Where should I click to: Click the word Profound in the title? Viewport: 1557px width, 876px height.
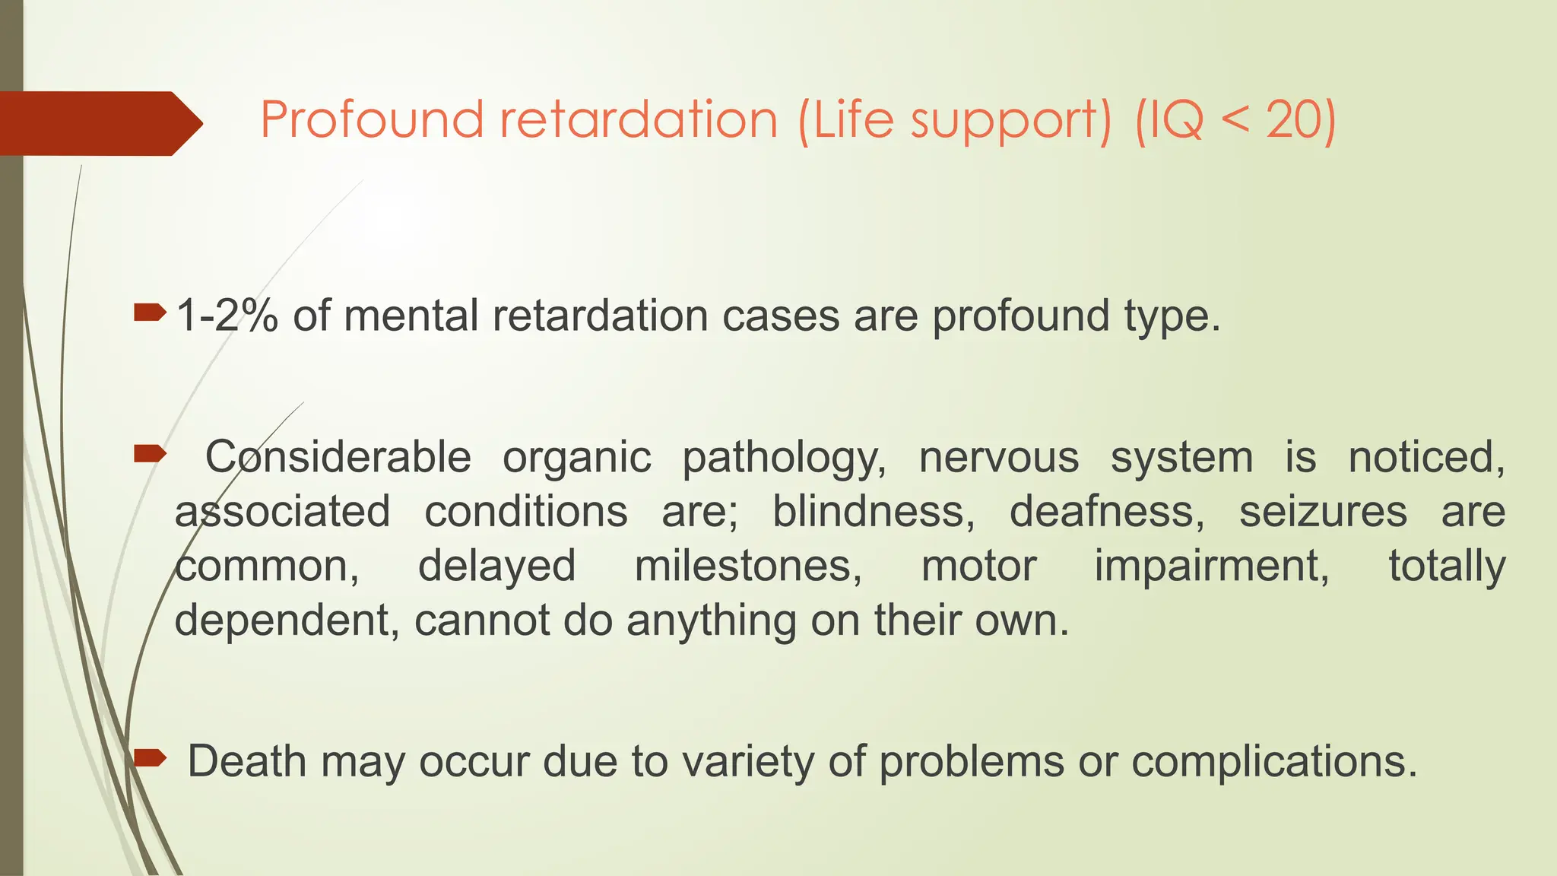(371, 119)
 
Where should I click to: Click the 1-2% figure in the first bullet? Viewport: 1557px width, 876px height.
(227, 316)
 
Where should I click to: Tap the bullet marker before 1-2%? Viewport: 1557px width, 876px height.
(150, 312)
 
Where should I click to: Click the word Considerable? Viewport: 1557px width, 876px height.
(338, 457)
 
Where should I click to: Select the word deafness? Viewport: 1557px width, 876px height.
(1107, 511)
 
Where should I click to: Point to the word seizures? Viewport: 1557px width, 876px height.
(1323, 511)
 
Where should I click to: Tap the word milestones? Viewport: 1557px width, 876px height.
(748, 567)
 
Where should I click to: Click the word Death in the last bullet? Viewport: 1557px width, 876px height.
(246, 761)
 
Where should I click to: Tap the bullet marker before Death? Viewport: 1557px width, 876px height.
(150, 757)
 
